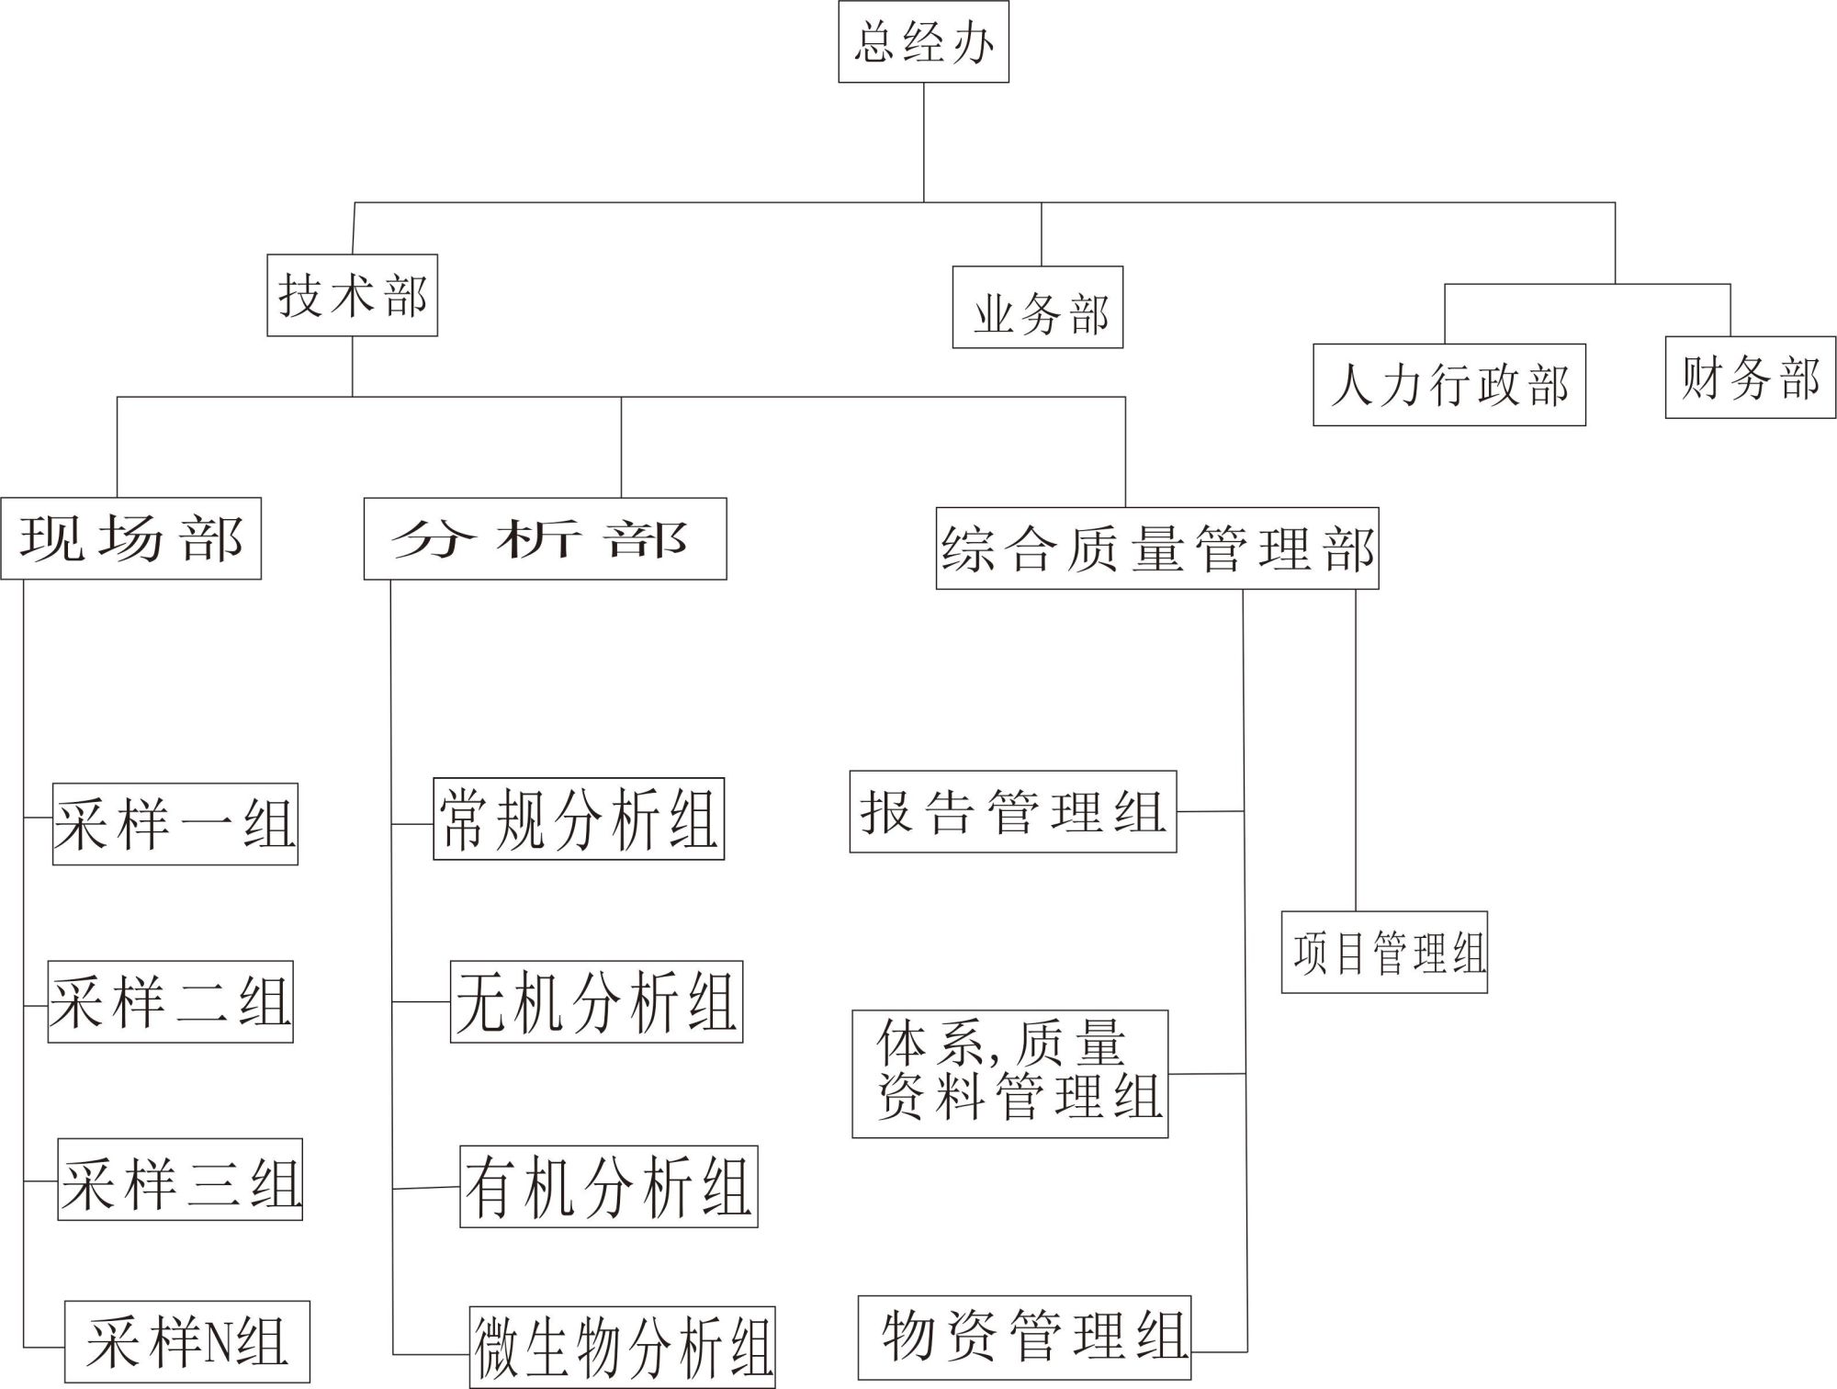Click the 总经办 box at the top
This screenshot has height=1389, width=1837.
(x=923, y=42)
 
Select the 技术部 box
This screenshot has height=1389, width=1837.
(x=352, y=295)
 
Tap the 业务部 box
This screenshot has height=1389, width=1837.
(x=1037, y=308)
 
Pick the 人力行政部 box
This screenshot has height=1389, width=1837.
(x=1448, y=385)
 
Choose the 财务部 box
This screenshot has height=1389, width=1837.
(x=1750, y=378)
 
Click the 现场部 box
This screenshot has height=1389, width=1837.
(x=130, y=538)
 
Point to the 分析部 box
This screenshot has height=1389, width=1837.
(x=545, y=539)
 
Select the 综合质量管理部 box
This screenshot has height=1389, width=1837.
(x=1157, y=548)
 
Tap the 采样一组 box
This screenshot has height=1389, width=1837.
(x=175, y=824)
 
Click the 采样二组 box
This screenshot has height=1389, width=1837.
(x=170, y=1001)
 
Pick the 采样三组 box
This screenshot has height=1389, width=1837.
(x=180, y=1180)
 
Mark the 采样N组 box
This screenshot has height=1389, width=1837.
(x=186, y=1341)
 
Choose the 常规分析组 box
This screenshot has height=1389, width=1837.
(x=579, y=819)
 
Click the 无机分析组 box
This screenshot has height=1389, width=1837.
(x=596, y=1001)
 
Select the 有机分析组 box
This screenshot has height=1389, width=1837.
(x=608, y=1186)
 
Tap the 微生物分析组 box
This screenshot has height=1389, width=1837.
(x=622, y=1347)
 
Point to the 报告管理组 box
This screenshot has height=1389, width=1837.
(x=1012, y=812)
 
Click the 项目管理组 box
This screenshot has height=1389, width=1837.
(x=1384, y=953)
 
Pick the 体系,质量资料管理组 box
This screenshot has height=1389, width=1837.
(x=1009, y=1074)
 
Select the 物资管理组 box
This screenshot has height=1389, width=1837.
(x=1024, y=1338)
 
